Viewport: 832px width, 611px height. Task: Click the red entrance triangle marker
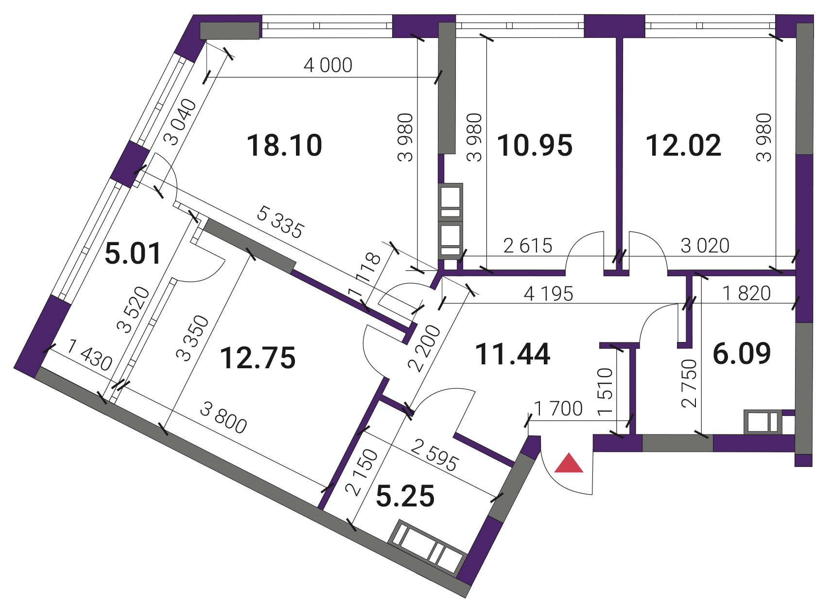pos(569,464)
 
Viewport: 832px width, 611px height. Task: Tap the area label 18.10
pos(284,145)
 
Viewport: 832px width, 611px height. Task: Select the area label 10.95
pos(535,145)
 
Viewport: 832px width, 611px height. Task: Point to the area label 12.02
pos(683,145)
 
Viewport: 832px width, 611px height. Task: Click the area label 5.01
pos(133,253)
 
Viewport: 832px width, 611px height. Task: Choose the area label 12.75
pos(258,358)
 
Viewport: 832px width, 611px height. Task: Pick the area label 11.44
pos(513,355)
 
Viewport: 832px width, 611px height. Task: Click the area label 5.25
pos(405,496)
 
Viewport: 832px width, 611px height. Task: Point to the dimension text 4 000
pos(328,65)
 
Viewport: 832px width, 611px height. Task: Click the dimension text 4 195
pos(548,294)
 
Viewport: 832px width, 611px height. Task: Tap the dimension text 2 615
pos(528,246)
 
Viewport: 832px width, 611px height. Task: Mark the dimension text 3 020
pos(705,246)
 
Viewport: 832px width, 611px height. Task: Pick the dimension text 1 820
pos(746,293)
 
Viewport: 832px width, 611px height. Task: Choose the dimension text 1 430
pos(89,356)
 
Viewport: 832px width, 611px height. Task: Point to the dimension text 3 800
pos(223,419)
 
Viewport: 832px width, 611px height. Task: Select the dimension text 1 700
pos(558,409)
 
